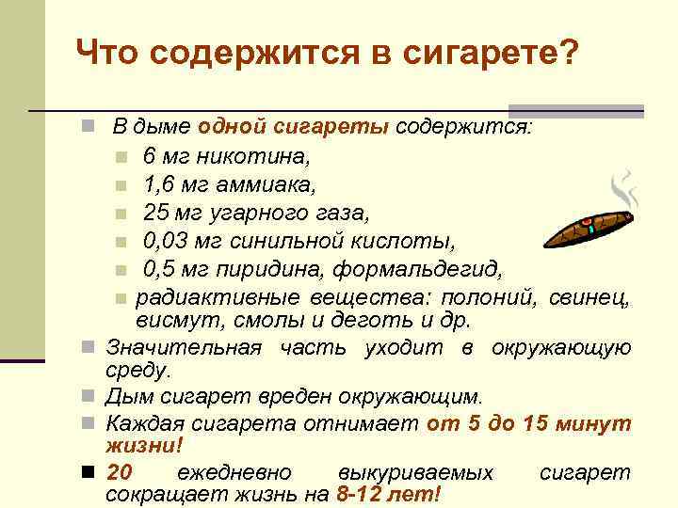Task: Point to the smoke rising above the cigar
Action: click(x=622, y=188)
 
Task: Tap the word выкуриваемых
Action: click(x=414, y=473)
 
